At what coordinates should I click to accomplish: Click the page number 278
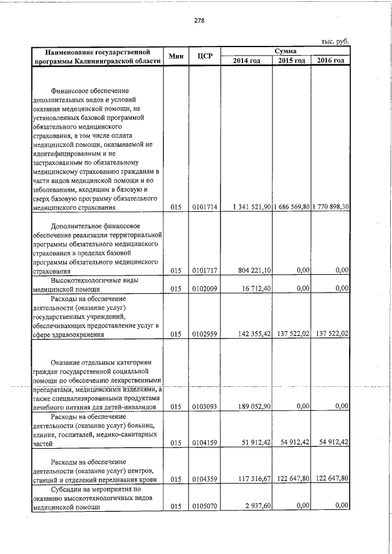point(199,20)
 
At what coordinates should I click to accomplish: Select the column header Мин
point(176,56)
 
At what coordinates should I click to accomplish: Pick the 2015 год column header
point(292,61)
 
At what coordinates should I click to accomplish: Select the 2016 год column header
point(331,61)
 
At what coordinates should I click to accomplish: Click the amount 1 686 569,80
point(292,208)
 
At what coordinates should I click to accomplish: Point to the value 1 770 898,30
point(331,208)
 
